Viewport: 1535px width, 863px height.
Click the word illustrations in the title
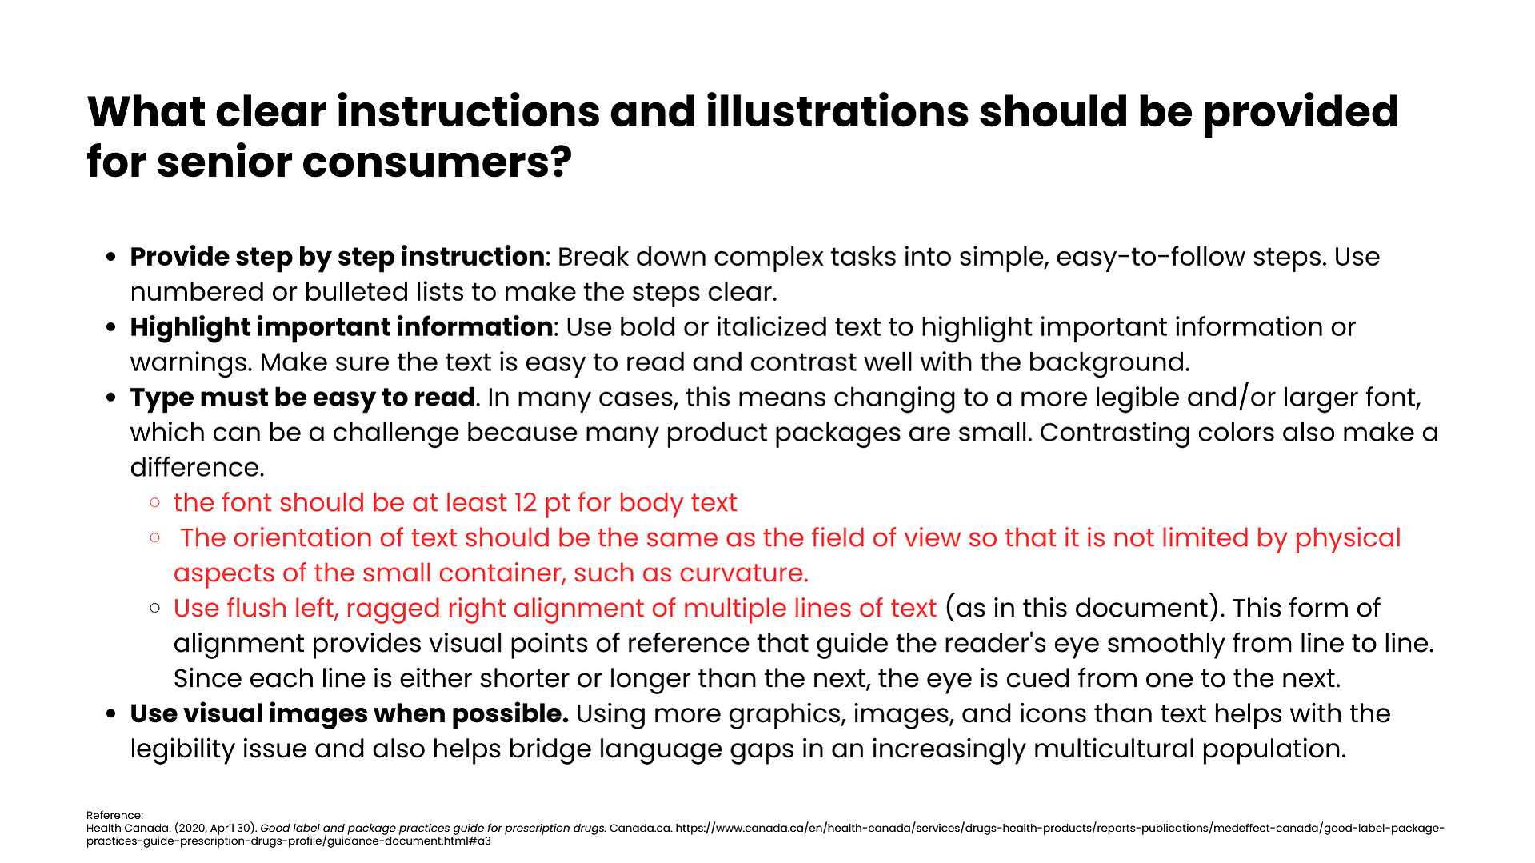[837, 111]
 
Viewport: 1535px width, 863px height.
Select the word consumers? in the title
[437, 162]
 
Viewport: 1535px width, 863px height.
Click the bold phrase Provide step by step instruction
[338, 257]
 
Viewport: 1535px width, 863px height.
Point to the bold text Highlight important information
[342, 327]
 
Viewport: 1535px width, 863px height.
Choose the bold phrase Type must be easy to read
[302, 398]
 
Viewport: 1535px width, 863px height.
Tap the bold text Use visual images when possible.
[350, 713]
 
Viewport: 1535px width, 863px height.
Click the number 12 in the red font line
[525, 503]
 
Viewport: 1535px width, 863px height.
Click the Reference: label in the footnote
[114, 816]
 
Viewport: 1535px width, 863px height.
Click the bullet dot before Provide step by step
[111, 258]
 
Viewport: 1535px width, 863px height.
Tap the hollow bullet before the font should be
[155, 502]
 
